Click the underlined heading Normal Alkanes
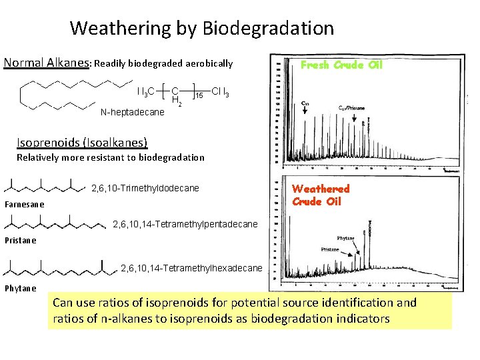pos(47,63)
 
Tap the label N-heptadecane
pos(132,112)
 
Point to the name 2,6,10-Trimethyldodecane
pos(145,188)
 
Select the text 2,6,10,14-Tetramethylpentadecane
pos(186,224)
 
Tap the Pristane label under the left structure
pos(21,240)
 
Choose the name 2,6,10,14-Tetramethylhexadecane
pos(192,268)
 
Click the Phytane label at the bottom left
pos(21,288)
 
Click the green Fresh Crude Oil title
pos(341,65)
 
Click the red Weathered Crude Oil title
pos(321,195)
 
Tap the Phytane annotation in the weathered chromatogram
pos(346,238)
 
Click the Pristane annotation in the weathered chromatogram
pos(329,249)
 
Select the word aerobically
pos(207,64)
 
